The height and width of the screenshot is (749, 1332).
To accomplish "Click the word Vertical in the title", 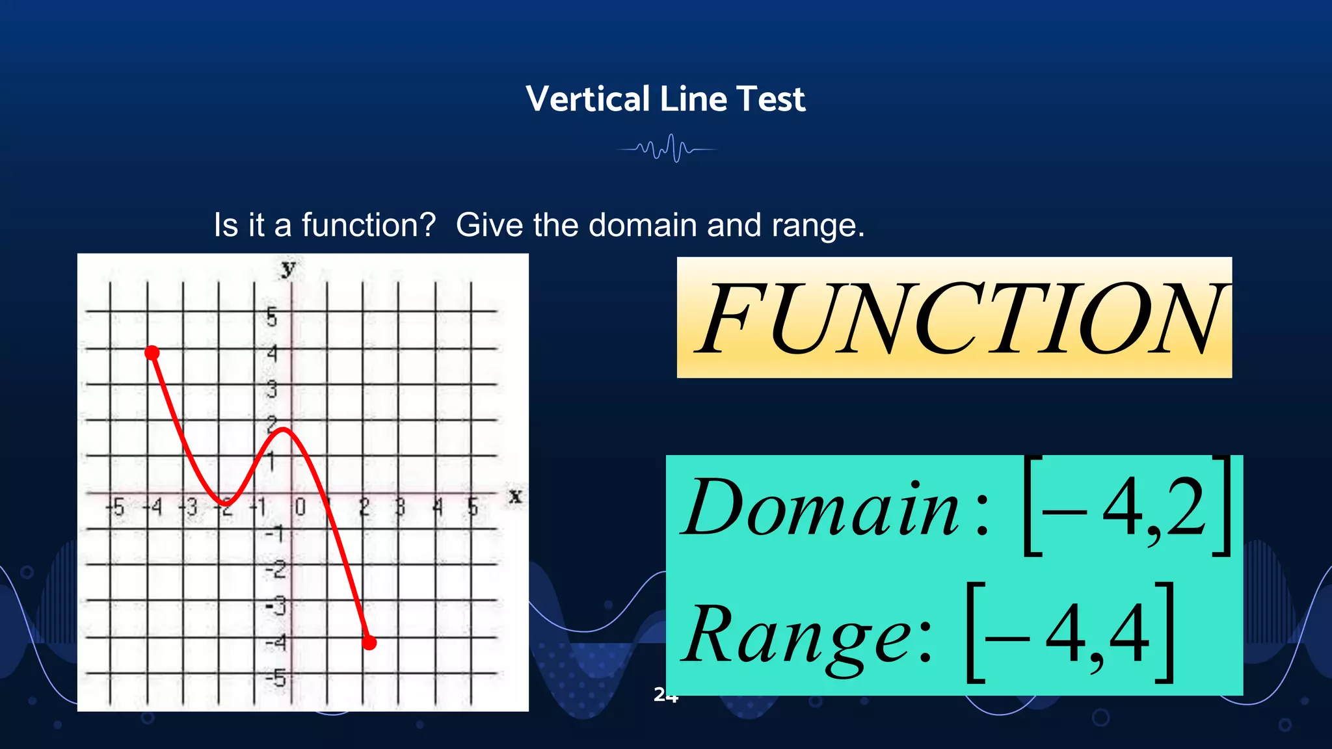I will click(x=588, y=99).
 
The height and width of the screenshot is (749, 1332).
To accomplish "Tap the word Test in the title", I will click(x=771, y=99).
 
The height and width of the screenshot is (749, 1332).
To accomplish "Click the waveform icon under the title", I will click(x=667, y=149).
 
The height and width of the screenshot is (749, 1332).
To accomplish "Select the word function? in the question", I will click(x=368, y=226).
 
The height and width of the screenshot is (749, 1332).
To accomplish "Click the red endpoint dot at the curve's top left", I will click(x=152, y=352).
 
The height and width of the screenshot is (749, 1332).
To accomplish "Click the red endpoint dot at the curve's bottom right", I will click(x=369, y=643).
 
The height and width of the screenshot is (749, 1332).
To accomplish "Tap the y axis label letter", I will click(x=288, y=267).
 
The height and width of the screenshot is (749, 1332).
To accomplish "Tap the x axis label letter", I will click(x=515, y=497).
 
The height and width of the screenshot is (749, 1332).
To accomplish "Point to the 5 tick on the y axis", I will click(x=272, y=317).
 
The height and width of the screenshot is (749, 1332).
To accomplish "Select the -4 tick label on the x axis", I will click(x=153, y=506).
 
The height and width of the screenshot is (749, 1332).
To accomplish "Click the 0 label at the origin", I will click(x=300, y=506).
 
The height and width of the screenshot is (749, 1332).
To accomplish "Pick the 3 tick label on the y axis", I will click(x=272, y=389).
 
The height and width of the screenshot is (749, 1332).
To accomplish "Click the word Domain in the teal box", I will click(x=821, y=507).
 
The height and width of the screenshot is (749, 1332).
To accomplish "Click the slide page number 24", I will click(x=665, y=695).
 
